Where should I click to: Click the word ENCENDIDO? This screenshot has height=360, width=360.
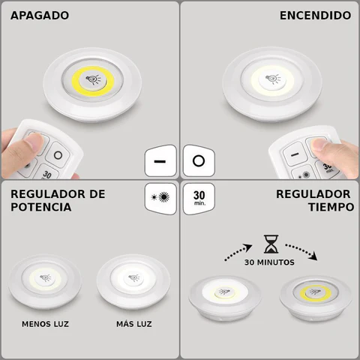click(314, 15)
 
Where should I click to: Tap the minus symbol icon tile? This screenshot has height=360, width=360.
click(160, 161)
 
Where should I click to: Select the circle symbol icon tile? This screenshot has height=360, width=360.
click(198, 161)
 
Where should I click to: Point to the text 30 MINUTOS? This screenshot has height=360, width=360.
click(269, 263)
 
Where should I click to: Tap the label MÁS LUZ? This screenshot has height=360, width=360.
click(135, 324)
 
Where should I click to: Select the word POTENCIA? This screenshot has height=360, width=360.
click(41, 207)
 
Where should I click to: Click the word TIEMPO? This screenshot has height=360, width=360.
click(325, 207)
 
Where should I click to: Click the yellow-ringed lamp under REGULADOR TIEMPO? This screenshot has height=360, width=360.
click(314, 295)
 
